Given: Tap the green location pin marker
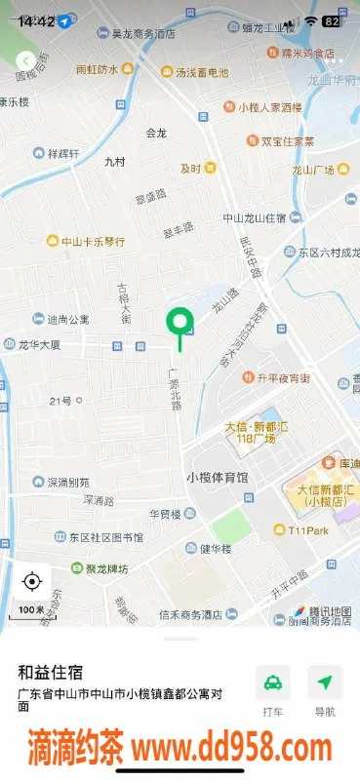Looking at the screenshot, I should pos(180,322).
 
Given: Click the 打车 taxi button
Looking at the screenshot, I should pos(273,690).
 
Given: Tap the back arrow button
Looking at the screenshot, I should pos(26,61).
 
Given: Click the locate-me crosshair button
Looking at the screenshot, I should pos(31,582).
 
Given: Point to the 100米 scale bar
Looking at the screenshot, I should pos(31,610).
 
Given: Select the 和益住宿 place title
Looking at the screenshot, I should pos(50,672).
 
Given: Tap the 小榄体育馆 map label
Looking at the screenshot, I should pos(217,478).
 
